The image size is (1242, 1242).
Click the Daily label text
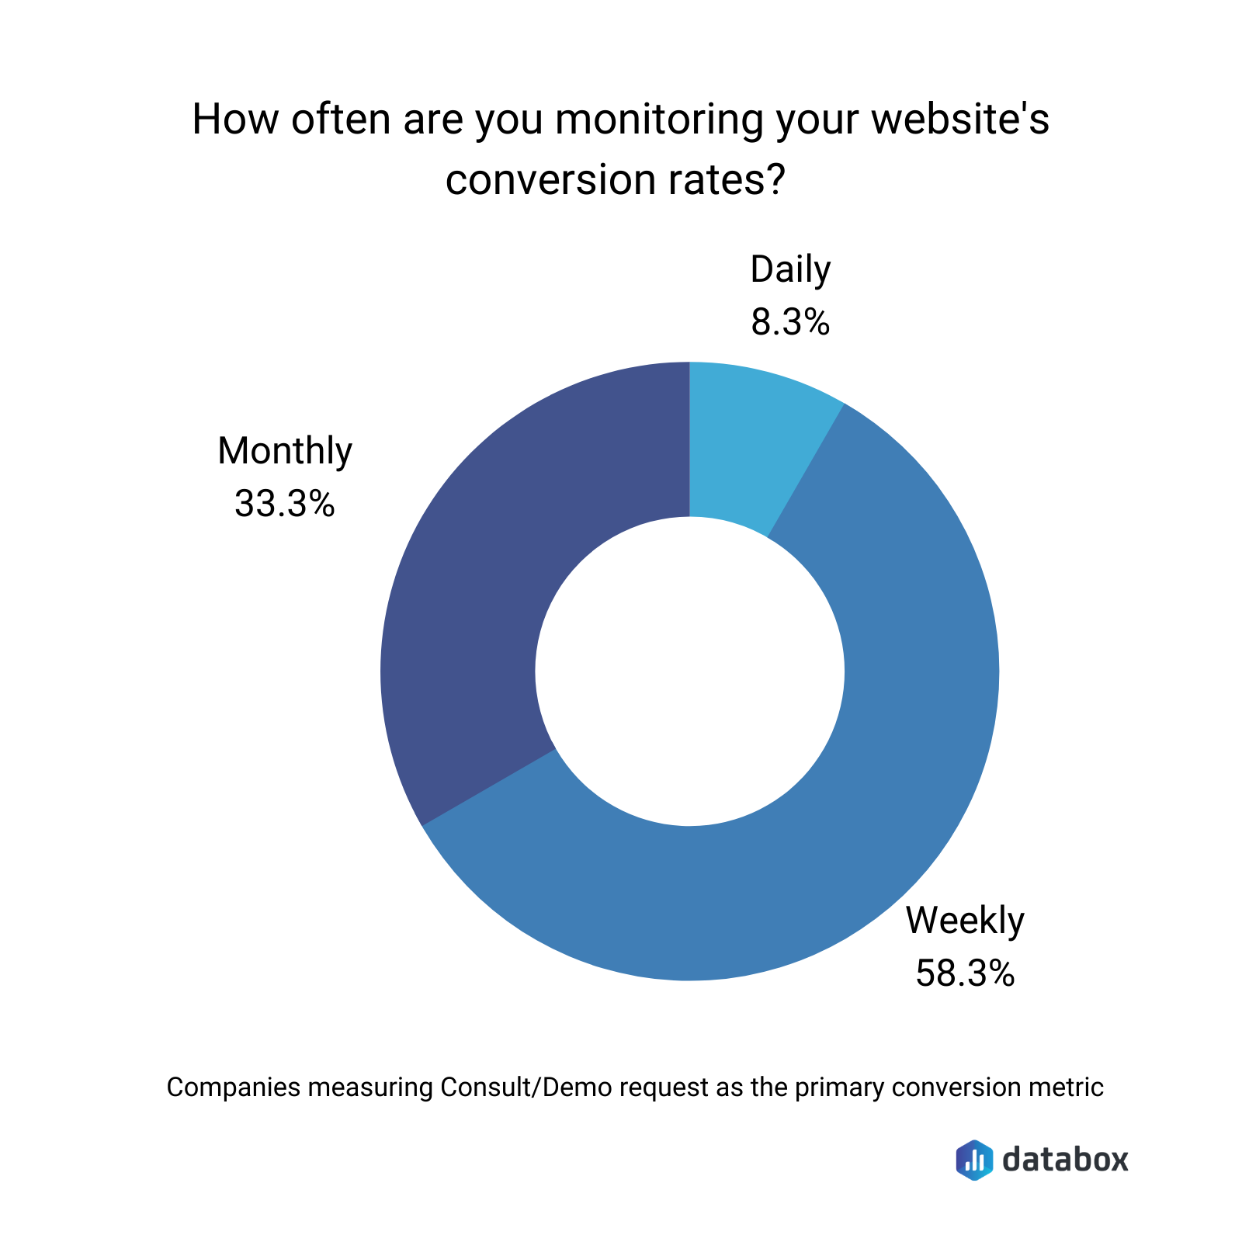click(790, 269)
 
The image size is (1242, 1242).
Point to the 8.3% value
click(790, 322)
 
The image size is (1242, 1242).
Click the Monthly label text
click(285, 451)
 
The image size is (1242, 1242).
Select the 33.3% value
click(285, 504)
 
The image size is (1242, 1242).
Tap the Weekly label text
click(965, 921)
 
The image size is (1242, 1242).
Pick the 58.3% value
click(965, 973)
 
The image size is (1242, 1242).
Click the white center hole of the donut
click(689, 671)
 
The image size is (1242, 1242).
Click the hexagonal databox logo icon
click(974, 1160)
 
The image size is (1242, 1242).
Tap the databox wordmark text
click(1065, 1160)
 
